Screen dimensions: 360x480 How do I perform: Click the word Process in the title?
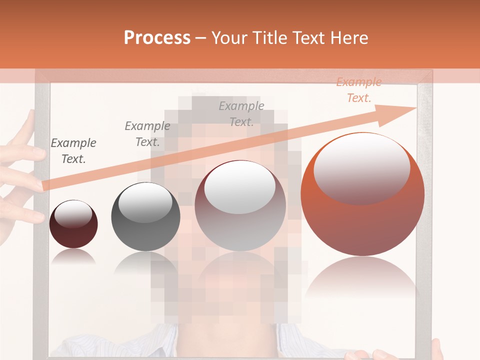pyautogui.click(x=157, y=38)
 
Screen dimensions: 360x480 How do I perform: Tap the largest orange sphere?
pyautogui.click(x=362, y=200)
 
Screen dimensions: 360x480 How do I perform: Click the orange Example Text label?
pyautogui.click(x=358, y=90)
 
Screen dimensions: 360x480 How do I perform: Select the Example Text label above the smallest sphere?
pyautogui.click(x=73, y=151)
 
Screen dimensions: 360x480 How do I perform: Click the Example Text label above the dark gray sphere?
pyautogui.click(x=147, y=134)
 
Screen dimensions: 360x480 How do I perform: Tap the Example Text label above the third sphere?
pyautogui.click(x=241, y=113)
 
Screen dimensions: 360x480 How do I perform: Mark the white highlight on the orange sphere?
pyautogui.click(x=361, y=167)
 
